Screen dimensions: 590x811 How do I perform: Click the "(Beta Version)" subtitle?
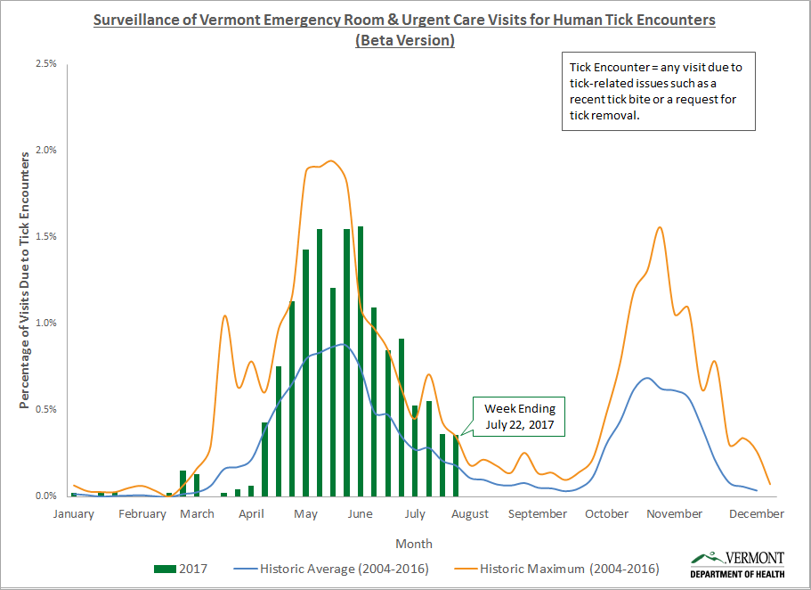pos(405,40)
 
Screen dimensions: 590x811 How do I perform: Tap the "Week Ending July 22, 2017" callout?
pos(519,417)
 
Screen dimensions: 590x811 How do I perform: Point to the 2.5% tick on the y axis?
pos(45,64)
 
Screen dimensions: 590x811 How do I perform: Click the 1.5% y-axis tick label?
pos(45,237)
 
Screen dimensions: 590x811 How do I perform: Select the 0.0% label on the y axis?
pos(45,496)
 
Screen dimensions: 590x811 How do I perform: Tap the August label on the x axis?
pos(469,514)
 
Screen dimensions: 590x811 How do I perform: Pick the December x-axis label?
pos(758,514)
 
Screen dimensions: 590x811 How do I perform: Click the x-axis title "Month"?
pos(414,544)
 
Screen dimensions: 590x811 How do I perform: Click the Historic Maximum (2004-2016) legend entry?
pos(560,568)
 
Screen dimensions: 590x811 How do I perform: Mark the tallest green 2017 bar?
pos(361,361)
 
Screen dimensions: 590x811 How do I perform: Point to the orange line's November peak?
pos(660,227)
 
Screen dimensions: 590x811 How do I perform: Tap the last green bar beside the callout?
pos(456,465)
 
